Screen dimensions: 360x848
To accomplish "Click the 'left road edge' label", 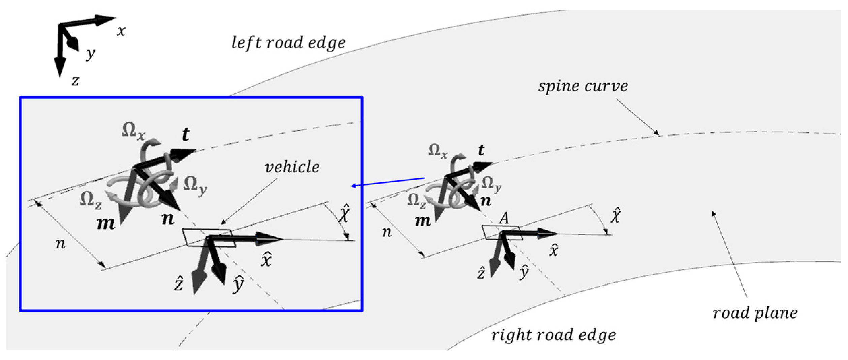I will [288, 43].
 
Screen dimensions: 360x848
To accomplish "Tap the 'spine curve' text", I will [583, 86].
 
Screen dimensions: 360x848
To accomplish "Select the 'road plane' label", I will [755, 313].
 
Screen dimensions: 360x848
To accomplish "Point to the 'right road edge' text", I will [554, 335].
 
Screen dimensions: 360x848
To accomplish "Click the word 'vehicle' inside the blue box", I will [292, 167].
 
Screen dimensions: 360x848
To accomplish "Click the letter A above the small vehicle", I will [504, 219].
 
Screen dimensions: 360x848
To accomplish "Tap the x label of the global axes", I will [121, 31].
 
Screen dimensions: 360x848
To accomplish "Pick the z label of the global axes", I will [75, 81].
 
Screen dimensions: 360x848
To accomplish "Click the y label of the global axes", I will [90, 54].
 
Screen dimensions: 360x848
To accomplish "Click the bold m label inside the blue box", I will [106, 224].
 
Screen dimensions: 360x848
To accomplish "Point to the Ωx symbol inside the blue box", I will [133, 131].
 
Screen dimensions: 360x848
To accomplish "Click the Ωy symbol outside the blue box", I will [491, 184].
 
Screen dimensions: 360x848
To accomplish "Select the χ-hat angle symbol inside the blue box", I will [345, 213].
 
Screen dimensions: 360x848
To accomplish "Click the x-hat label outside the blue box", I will [554, 250].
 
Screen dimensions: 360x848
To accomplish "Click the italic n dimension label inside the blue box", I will [60, 244].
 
